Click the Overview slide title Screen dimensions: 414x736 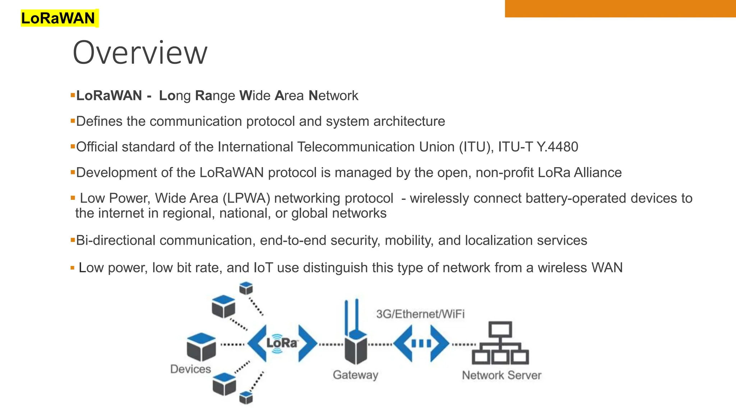(x=140, y=53)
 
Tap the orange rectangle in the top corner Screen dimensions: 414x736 (x=620, y=8)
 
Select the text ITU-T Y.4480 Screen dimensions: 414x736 (x=538, y=147)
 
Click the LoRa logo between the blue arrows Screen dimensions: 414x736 (x=282, y=343)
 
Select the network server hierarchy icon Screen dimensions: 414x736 (x=500, y=343)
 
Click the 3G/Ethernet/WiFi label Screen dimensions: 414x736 (x=420, y=314)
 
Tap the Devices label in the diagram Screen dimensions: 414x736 (x=190, y=369)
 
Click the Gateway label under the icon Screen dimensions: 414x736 (x=355, y=375)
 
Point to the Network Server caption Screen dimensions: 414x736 (x=501, y=375)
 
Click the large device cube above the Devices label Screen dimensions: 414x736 (x=201, y=347)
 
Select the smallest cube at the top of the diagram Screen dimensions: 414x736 (x=246, y=288)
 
